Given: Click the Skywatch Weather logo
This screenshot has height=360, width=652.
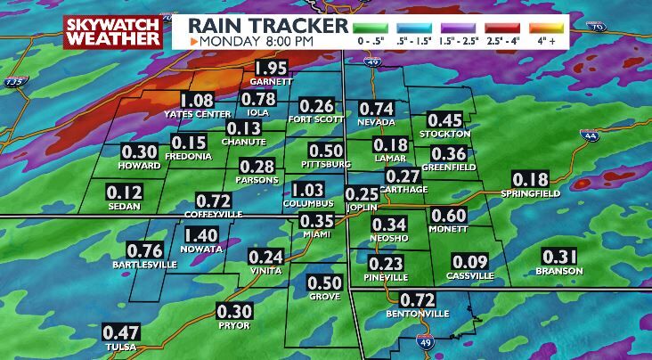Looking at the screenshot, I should (113, 30).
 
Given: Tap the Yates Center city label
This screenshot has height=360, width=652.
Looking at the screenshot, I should (198, 115).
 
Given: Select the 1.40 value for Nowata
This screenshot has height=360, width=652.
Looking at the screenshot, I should (201, 236).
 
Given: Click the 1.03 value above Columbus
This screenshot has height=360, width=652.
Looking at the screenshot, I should (308, 190).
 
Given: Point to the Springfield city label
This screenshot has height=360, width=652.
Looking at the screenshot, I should (530, 193).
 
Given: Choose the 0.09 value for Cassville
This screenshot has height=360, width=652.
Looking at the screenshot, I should (469, 262).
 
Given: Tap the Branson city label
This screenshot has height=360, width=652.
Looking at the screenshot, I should (559, 271).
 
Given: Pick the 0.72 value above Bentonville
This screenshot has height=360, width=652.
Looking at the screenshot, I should (417, 300).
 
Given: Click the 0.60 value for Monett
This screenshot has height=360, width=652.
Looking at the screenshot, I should (448, 216).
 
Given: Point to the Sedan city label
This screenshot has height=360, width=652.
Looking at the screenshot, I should (125, 204).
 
